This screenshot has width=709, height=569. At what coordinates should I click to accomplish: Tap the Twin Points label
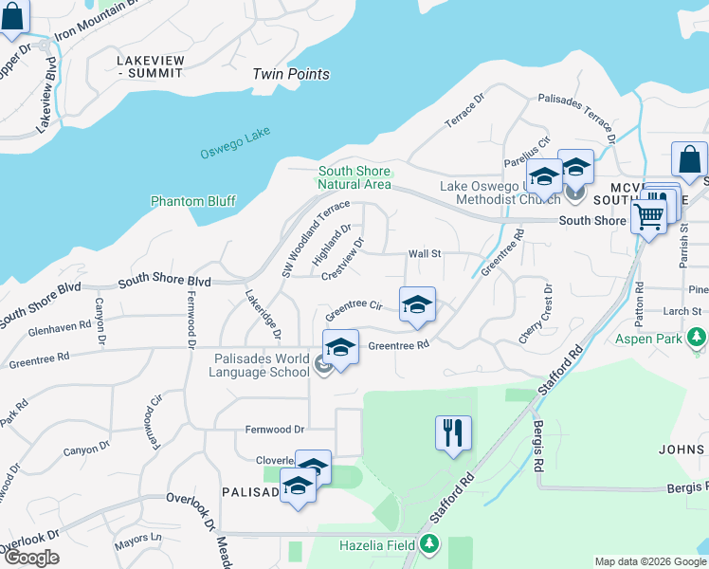coord(291,74)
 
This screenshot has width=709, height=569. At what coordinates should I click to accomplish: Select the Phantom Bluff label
coord(193,201)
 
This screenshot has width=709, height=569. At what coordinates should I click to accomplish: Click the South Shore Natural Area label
coord(354,177)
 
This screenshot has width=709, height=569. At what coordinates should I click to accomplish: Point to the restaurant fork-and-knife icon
coord(453,432)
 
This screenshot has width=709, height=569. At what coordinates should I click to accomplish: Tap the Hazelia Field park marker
coord(431,544)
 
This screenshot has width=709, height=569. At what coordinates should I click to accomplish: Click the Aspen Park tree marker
coord(699,338)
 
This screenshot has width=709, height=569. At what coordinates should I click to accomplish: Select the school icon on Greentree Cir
coord(417,304)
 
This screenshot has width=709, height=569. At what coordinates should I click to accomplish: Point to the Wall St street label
coord(425,253)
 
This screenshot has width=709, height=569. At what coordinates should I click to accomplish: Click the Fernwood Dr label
coord(275,430)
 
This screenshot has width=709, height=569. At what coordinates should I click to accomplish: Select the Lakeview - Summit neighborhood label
coord(149,66)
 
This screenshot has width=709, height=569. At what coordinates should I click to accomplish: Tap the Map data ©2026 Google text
coord(649,561)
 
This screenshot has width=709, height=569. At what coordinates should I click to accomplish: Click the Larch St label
coord(682,310)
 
